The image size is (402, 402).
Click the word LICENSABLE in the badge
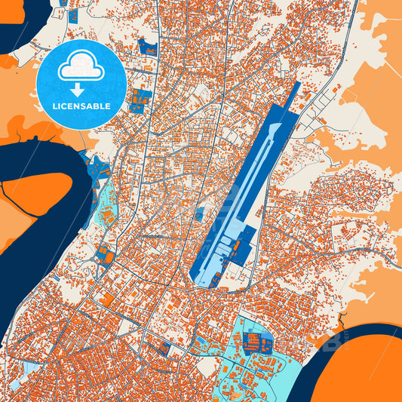[81, 106]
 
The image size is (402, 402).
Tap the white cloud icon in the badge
[81, 68]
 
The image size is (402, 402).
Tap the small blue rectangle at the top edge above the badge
[73, 15]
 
